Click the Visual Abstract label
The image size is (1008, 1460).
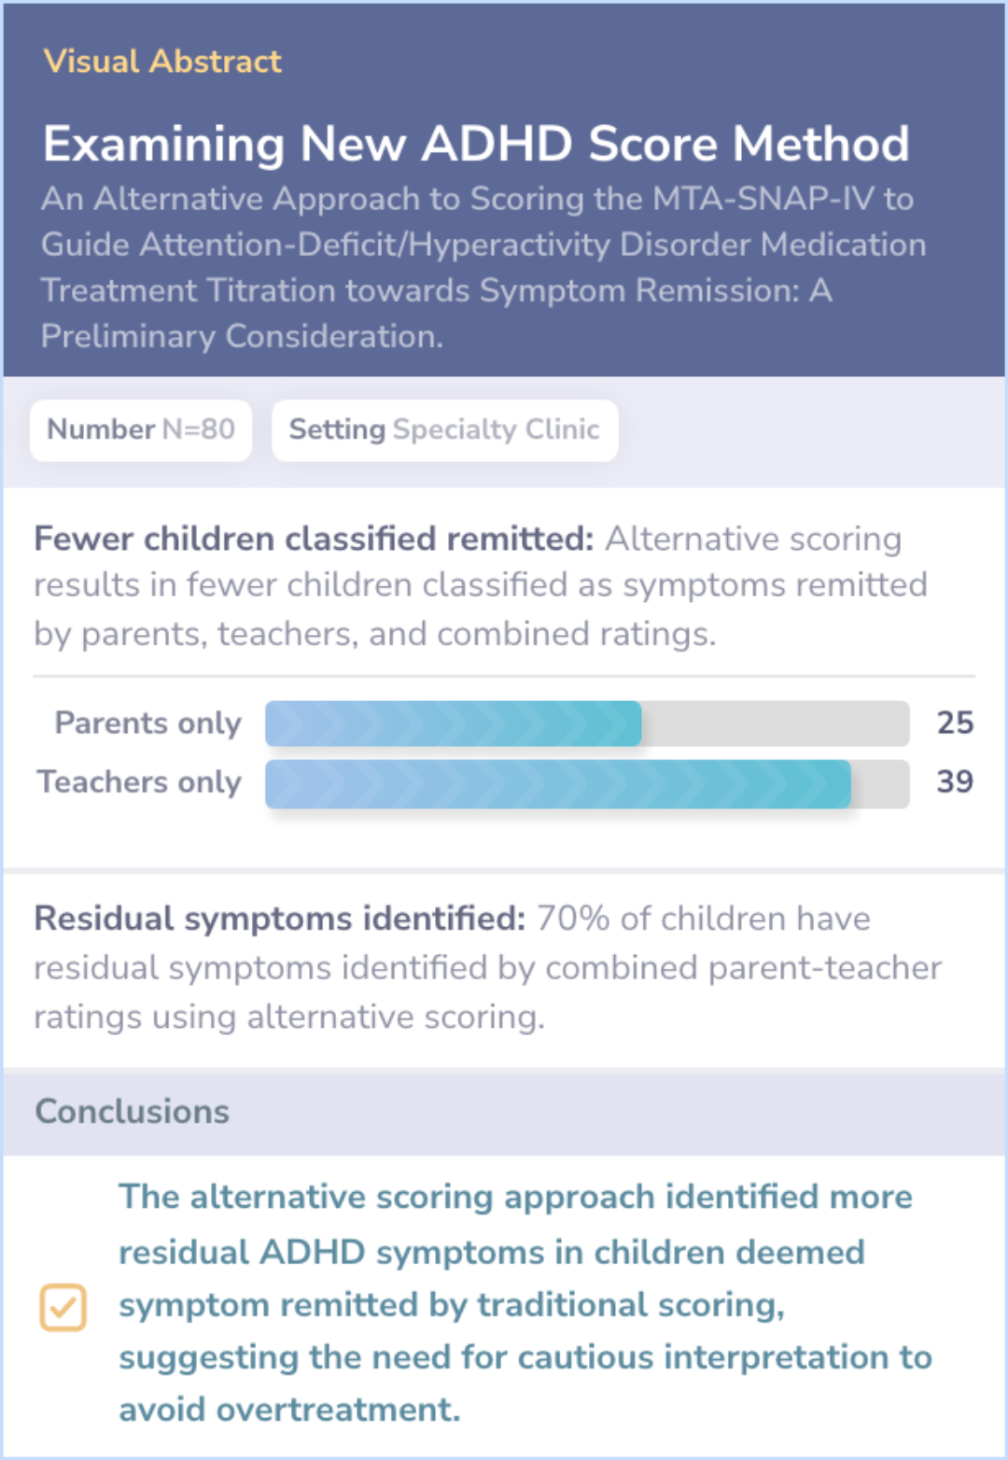[162, 62]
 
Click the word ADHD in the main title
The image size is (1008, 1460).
[497, 144]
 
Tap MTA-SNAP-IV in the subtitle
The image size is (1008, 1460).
[763, 199]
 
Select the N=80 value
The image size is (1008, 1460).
[199, 429]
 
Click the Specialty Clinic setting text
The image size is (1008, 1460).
[497, 430]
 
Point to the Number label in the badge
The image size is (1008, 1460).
[101, 429]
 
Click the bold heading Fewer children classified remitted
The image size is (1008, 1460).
[314, 539]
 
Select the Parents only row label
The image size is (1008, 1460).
[147, 723]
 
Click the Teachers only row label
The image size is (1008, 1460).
[139, 782]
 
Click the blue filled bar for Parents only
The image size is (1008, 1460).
[454, 723]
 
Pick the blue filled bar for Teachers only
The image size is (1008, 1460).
[558, 784]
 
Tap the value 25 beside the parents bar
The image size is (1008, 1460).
[955, 723]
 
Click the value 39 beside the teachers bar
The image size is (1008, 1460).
[955, 782]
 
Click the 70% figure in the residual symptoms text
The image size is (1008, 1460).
[573, 919]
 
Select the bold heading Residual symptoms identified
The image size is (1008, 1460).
[279, 919]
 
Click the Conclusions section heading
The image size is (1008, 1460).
[133, 1112]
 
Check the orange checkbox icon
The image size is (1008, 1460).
[63, 1308]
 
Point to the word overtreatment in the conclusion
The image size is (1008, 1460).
[338, 1410]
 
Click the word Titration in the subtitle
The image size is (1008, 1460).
[407, 290]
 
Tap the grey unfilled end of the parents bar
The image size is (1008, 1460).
[776, 723]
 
